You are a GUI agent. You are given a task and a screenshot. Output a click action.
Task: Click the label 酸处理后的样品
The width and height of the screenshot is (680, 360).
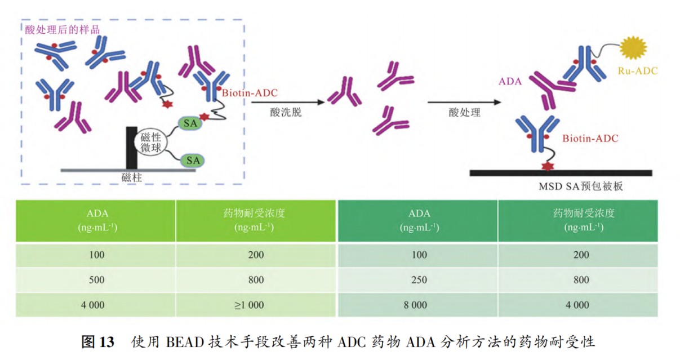[62, 29]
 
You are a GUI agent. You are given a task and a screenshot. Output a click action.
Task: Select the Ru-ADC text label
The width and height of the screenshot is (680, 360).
[637, 70]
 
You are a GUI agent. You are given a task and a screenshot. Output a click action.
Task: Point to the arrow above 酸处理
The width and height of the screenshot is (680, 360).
[464, 102]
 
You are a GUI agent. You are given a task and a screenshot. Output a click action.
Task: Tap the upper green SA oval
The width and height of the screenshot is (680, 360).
[190, 123]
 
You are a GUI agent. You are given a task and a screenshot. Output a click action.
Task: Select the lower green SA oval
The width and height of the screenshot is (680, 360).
[193, 161]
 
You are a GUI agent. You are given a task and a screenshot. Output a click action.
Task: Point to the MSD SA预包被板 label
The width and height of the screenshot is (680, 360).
[579, 186]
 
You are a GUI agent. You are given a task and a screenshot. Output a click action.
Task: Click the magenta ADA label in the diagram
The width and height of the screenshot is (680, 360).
[510, 82]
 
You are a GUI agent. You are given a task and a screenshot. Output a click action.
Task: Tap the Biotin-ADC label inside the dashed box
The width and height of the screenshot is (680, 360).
[249, 93]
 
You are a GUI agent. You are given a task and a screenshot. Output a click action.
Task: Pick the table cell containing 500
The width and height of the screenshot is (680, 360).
[96, 280]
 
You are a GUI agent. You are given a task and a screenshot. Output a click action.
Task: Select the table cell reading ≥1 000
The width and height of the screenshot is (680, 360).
[248, 305]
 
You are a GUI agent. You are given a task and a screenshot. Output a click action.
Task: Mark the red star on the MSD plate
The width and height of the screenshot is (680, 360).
[545, 166]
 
